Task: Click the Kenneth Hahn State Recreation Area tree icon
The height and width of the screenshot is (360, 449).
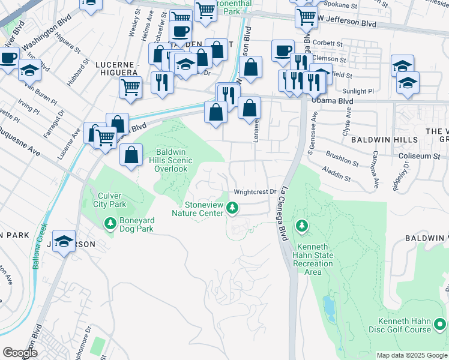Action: [303, 226]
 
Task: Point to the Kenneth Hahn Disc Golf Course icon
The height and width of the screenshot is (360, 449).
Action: [440, 325]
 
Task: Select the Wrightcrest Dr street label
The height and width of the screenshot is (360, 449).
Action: [254, 192]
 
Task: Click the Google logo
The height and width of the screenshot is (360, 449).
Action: [20, 353]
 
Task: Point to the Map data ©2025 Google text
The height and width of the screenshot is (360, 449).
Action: [412, 355]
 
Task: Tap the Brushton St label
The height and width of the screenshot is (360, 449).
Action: [345, 162]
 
